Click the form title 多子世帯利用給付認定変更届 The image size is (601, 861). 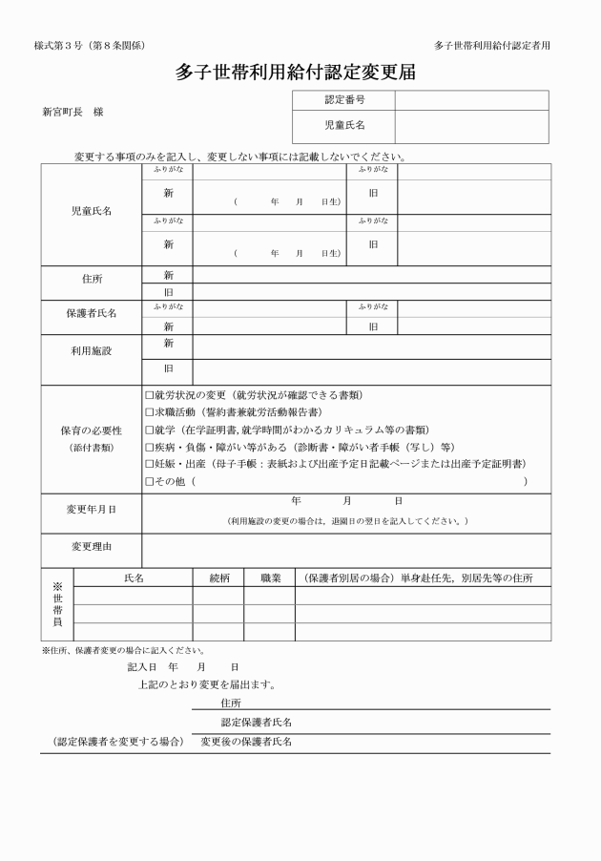pos(300,73)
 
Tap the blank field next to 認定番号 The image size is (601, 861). pos(471,99)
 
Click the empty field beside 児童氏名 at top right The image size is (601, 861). pos(471,125)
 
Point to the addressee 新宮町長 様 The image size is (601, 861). pos(73,112)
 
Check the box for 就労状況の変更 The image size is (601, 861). pos(149,395)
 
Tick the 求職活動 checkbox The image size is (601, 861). pos(149,412)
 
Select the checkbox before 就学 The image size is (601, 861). pos(149,430)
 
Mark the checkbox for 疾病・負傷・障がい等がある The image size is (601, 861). pos(149,447)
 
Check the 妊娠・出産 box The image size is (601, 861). pos(149,464)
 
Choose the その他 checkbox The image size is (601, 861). pos(149,482)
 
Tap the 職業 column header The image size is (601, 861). pos(270,578)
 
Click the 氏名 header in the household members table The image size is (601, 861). pos(134,578)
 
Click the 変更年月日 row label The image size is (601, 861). pos(92,510)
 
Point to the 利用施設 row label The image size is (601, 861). pos(92,351)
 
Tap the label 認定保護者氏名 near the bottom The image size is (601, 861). pos(257,723)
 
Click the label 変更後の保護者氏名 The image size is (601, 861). pos(246,742)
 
